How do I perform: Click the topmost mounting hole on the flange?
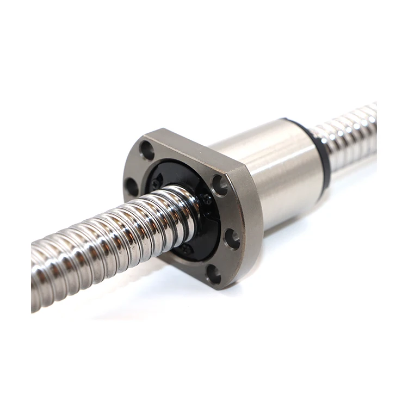point(147,150)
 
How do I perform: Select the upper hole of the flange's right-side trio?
point(220,185)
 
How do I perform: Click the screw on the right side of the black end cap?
point(207,200)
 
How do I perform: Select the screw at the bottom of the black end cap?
point(186,249)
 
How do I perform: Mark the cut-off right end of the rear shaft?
point(374,128)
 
